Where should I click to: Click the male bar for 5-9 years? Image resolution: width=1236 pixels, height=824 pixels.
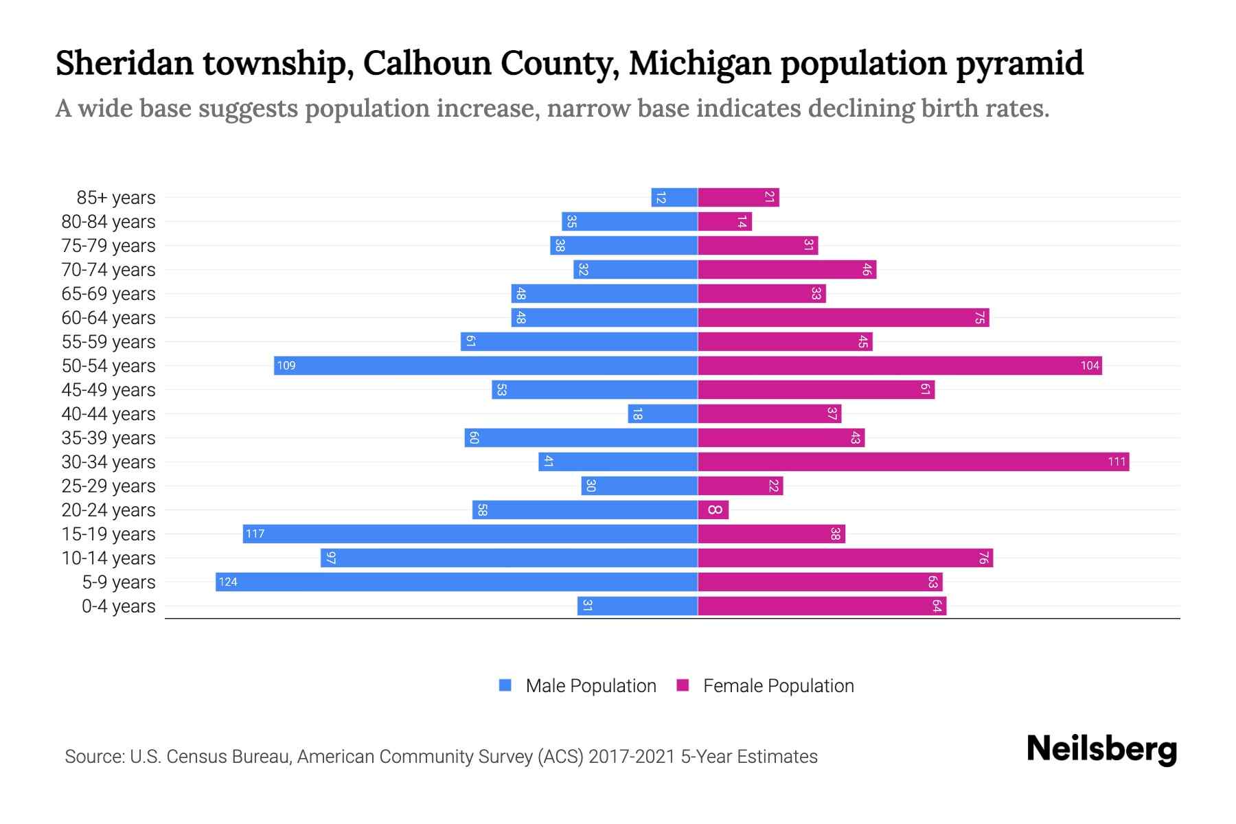coord(457,582)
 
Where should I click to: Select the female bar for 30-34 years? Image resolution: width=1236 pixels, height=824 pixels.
coord(913,461)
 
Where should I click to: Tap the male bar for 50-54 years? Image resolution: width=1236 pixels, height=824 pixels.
coord(485,365)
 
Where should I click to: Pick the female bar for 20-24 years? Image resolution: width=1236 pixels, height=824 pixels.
coord(713,510)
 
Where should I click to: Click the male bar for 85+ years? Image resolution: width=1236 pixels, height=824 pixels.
coord(674,197)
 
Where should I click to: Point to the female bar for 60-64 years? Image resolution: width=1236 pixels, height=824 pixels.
coord(843,317)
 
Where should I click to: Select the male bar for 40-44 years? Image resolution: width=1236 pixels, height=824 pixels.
coord(663,413)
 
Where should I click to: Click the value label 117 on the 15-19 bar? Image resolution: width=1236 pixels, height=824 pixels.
coord(255,534)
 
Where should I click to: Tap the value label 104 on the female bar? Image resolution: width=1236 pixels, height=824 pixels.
coord(1090,365)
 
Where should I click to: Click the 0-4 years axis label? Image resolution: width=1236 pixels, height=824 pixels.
coord(118,606)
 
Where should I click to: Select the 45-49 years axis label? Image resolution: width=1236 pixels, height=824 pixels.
coord(108,389)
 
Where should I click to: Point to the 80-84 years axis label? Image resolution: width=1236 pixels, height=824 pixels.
coord(108,221)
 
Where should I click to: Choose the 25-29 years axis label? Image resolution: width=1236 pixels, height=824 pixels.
coord(108,485)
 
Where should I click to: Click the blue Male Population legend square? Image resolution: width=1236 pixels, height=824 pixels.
coord(505,685)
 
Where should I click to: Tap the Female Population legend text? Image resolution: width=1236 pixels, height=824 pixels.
coord(778,685)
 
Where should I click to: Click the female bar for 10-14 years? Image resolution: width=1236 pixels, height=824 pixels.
coord(845,558)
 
